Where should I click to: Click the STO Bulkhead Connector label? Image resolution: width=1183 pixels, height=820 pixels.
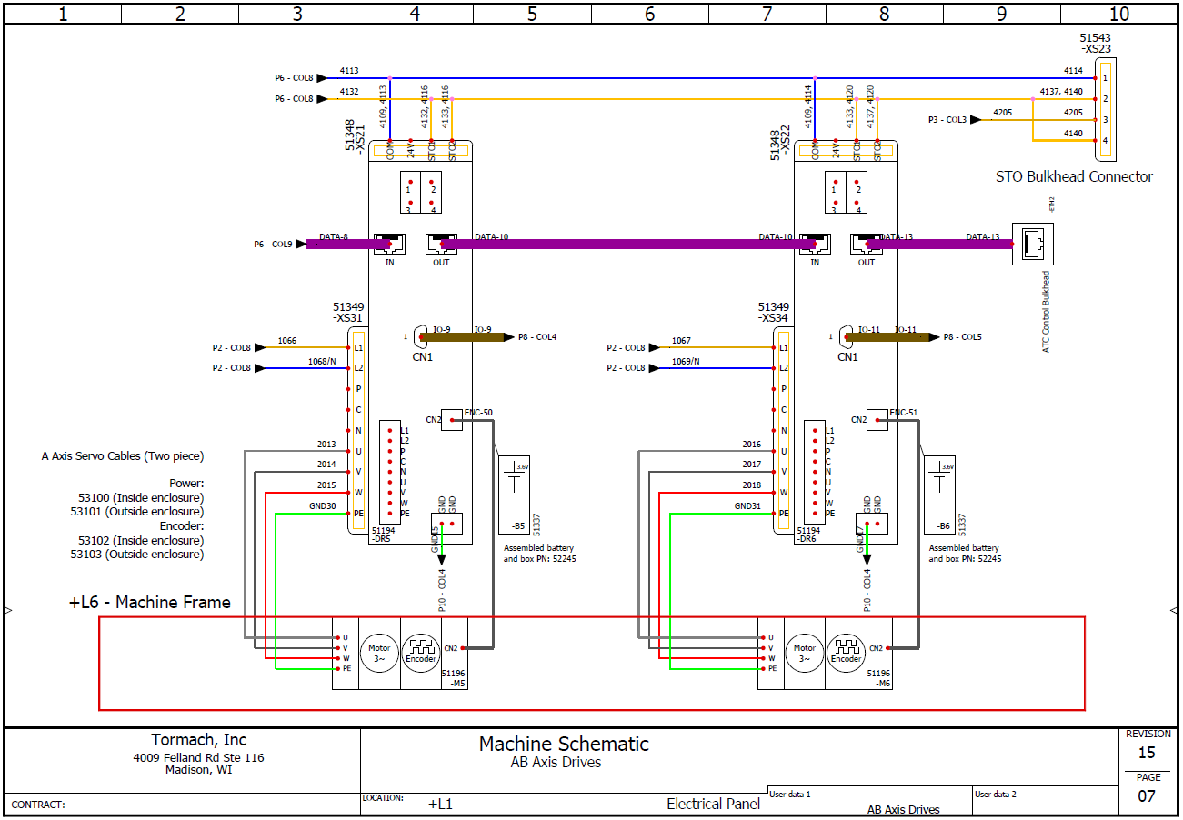[x=1074, y=177]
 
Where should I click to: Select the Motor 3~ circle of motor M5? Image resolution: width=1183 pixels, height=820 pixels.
[x=379, y=653]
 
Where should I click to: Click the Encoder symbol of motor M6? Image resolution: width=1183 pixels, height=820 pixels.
[x=847, y=653]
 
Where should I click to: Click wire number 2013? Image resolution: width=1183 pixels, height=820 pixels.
[x=326, y=445]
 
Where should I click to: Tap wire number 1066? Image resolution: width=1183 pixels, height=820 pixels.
[x=287, y=341]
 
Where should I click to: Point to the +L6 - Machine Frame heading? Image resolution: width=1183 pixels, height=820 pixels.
[x=150, y=603]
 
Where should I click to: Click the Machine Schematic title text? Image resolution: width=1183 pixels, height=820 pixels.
[x=564, y=744]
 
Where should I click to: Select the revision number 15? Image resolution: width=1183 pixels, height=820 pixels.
[x=1148, y=753]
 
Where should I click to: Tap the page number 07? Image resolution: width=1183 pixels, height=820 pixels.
[x=1148, y=796]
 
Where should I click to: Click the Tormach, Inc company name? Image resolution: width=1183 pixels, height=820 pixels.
[x=198, y=740]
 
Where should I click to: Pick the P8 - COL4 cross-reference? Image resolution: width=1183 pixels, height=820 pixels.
[x=537, y=337]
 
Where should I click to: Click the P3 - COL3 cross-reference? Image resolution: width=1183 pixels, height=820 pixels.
[x=947, y=120]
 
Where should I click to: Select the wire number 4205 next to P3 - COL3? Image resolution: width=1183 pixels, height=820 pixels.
[x=1002, y=113]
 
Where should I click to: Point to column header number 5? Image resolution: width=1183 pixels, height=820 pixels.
[x=532, y=14]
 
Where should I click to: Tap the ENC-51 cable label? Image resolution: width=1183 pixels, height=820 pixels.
[x=905, y=413]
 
